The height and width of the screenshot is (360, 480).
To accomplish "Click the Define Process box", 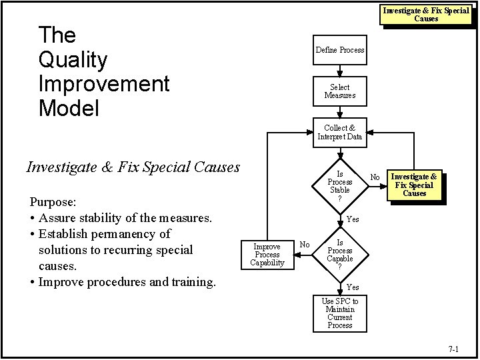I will click(x=340, y=50).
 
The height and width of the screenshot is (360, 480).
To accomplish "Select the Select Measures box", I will click(x=340, y=91).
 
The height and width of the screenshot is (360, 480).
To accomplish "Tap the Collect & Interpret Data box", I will click(x=340, y=132).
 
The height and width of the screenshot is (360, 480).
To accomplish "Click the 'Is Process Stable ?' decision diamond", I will click(x=340, y=182).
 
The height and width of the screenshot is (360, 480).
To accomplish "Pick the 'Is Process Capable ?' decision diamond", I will click(x=340, y=255).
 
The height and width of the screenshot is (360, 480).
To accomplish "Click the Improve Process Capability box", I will click(x=267, y=255).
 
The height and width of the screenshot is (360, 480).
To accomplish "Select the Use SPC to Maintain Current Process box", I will click(x=340, y=313).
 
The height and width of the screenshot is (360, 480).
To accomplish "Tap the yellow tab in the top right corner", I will click(x=426, y=14).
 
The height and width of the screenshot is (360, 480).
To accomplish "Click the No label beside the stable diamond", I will click(x=375, y=177).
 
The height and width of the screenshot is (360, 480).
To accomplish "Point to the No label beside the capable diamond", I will click(x=304, y=245).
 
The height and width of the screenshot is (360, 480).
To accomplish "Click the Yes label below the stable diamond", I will click(x=353, y=219).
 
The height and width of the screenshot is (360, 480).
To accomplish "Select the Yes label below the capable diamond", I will click(x=353, y=287).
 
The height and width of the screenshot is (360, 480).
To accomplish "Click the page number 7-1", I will click(x=454, y=349).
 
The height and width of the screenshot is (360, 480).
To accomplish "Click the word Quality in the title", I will click(x=73, y=61).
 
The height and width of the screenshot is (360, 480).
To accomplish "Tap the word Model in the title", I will click(x=69, y=108).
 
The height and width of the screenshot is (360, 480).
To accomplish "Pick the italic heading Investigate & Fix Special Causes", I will click(x=132, y=167).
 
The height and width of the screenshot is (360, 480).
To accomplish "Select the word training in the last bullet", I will click(x=190, y=281).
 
